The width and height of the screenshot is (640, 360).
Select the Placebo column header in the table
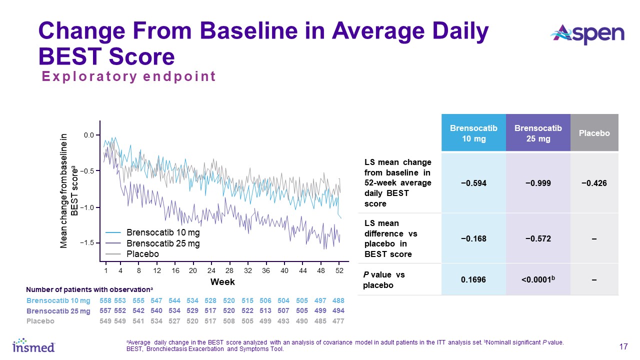pos(594,133)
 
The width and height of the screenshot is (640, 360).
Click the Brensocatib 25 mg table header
pos(538,133)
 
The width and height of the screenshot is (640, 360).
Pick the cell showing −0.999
pos(538,183)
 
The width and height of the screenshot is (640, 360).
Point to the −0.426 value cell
pos(594,183)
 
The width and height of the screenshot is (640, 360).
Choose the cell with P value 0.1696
pos(473,279)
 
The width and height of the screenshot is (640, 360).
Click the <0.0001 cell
pos(538,279)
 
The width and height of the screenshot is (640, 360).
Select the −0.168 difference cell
pos(473,238)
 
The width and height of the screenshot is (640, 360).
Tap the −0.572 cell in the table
pos(538,238)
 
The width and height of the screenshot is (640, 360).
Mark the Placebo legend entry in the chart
pos(142,254)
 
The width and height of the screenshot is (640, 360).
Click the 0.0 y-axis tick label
pos(89,135)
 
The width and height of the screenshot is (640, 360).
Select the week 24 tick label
pos(211,270)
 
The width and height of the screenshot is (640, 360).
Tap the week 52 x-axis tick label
pos(339,270)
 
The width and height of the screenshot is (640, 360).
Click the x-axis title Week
pos(222,282)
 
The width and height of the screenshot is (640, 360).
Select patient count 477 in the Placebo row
pos(338,321)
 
